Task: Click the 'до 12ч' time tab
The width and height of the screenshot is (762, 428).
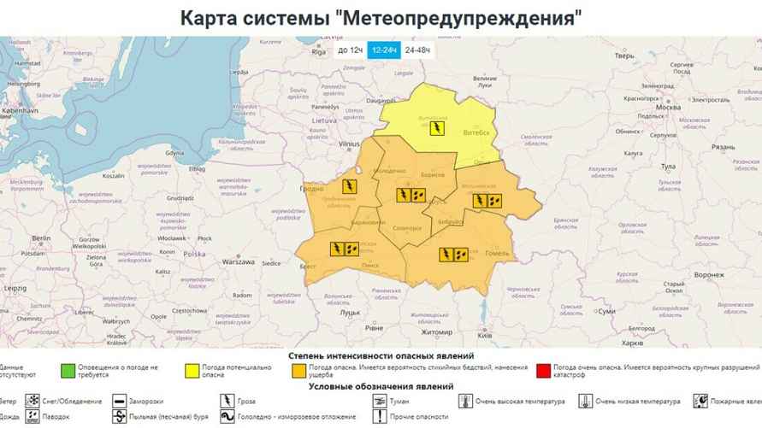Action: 350,50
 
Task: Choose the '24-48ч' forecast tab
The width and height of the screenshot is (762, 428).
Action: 418,50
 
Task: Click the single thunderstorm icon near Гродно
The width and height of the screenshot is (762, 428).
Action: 350,186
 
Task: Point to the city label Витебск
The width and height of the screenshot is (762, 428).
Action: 476,132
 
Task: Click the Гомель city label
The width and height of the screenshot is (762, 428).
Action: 497,253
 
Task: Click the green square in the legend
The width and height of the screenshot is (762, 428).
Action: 66,372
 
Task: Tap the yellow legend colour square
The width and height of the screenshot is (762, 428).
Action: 194,372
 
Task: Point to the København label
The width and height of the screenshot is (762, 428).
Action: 19,111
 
